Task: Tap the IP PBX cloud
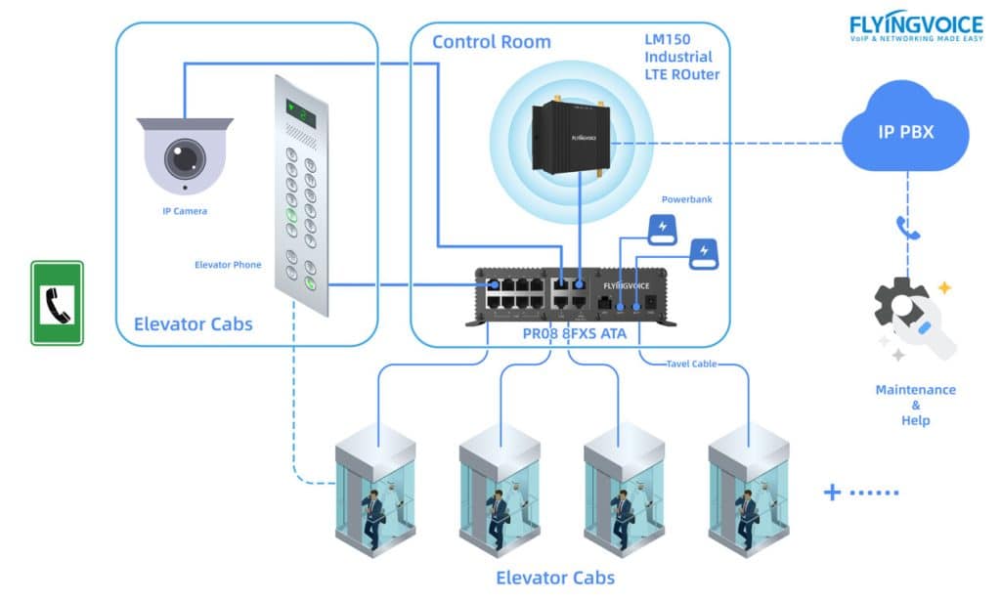point(905,131)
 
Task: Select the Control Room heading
point(491,41)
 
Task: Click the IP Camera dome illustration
point(185,154)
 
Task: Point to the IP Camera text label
point(185,210)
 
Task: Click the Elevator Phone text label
point(228,264)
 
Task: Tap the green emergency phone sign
point(57,303)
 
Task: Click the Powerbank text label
point(687,199)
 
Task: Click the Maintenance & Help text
point(915,405)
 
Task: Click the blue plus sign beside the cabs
point(832,492)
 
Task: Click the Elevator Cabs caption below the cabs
point(555,577)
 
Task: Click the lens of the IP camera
point(183,155)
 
